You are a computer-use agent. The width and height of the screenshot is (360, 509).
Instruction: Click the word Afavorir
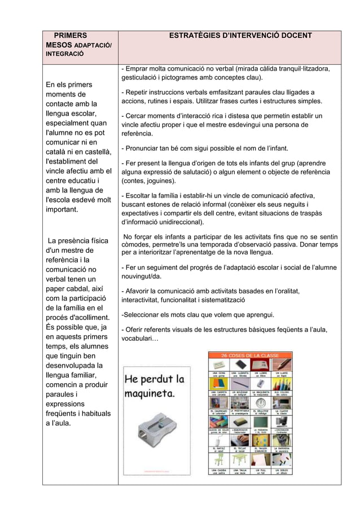(x=142, y=291)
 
